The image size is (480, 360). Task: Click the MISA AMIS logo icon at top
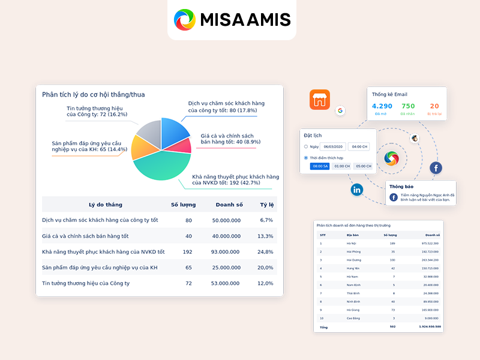pyautogui.click(x=185, y=20)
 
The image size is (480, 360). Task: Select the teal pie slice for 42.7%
pyautogui.click(x=159, y=166)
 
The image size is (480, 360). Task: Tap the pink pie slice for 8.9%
pyautogui.click(x=181, y=146)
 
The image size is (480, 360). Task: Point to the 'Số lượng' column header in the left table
pyautogui.click(x=183, y=205)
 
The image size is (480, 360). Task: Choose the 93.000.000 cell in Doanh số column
pyautogui.click(x=226, y=251)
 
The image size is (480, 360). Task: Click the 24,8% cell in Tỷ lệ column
pyautogui.click(x=265, y=251)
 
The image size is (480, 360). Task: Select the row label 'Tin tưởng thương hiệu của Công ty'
pyautogui.click(x=86, y=283)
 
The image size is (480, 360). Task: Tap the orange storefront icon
pyautogui.click(x=320, y=100)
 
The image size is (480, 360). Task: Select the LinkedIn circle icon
pyautogui.click(x=357, y=190)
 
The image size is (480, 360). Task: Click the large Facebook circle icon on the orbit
pyautogui.click(x=436, y=168)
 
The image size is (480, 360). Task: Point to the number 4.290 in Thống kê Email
pyautogui.click(x=382, y=106)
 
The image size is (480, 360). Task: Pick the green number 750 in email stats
pyautogui.click(x=408, y=106)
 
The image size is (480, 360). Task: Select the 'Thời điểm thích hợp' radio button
pyautogui.click(x=306, y=158)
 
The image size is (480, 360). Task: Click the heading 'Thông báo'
pyautogui.click(x=401, y=187)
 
